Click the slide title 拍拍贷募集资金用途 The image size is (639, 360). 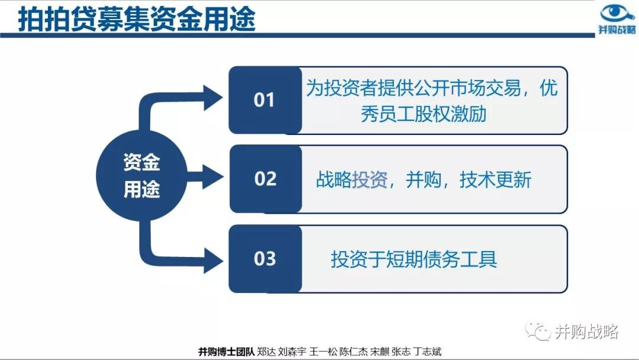coord(137,19)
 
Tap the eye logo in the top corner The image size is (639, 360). coord(617,13)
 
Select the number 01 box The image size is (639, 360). coord(265,100)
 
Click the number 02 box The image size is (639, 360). coord(265,179)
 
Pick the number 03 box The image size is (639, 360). coord(265,259)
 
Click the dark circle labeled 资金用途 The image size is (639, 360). coord(141,176)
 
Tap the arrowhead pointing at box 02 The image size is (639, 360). coord(212,176)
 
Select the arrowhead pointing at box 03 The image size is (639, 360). coord(212,259)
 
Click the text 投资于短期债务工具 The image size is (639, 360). coord(414,259)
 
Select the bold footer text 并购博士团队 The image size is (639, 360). coord(226,351)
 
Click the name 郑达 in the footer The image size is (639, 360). coord(267,351)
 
